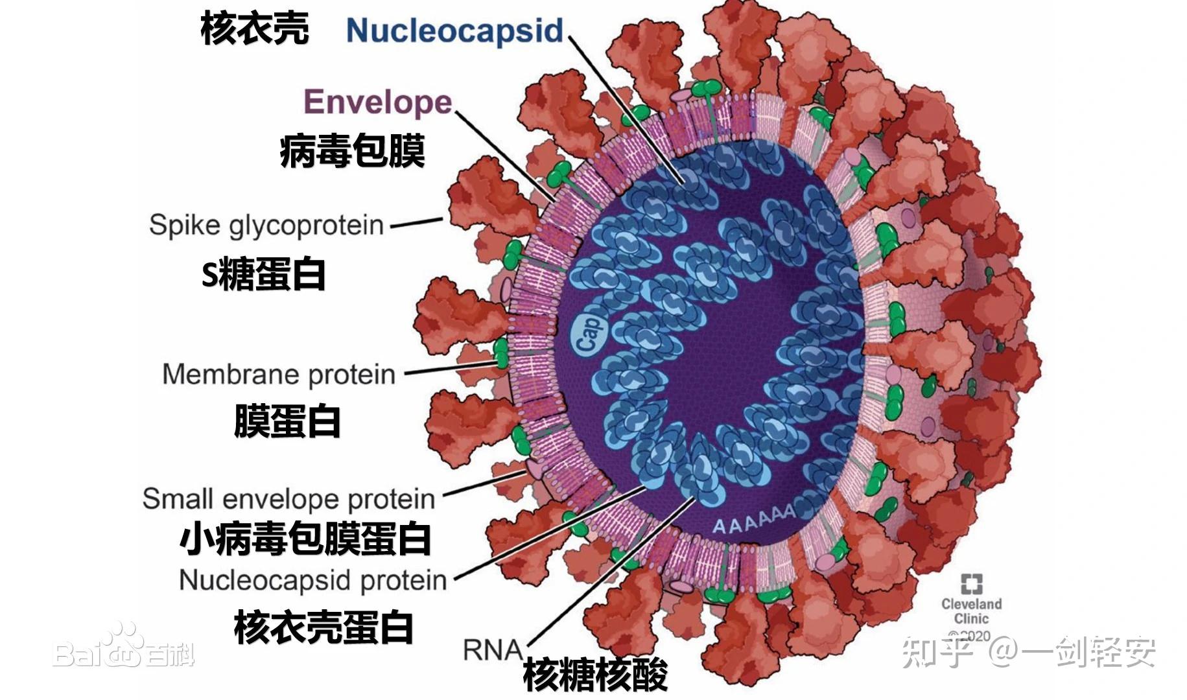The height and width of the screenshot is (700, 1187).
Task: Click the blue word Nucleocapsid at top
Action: [454, 30]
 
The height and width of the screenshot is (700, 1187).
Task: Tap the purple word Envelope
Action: [378, 102]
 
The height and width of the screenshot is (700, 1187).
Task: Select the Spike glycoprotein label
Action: [266, 225]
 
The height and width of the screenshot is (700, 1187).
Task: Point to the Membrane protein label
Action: [279, 374]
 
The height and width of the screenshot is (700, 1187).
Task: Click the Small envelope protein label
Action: [288, 498]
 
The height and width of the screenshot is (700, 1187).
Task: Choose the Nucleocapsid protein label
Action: [312, 579]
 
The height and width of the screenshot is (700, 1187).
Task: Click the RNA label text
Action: [492, 649]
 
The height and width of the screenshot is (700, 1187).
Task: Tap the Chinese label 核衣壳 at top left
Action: [255, 29]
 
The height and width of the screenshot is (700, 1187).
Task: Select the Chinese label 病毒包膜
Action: [352, 151]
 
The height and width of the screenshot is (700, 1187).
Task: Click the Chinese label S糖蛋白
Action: [263, 274]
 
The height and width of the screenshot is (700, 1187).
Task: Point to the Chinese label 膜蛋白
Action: [287, 421]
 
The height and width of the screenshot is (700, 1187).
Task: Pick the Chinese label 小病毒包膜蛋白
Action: [305, 539]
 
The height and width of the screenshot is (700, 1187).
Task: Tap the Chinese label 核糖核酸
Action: [595, 675]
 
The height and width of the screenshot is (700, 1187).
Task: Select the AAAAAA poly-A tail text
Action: [754, 519]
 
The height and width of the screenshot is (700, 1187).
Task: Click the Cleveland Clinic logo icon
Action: [971, 583]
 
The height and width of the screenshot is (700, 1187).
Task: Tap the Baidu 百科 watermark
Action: [123, 650]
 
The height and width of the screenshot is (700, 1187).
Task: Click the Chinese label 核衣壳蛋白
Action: [323, 627]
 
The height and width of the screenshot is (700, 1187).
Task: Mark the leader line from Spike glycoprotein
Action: [416, 222]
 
